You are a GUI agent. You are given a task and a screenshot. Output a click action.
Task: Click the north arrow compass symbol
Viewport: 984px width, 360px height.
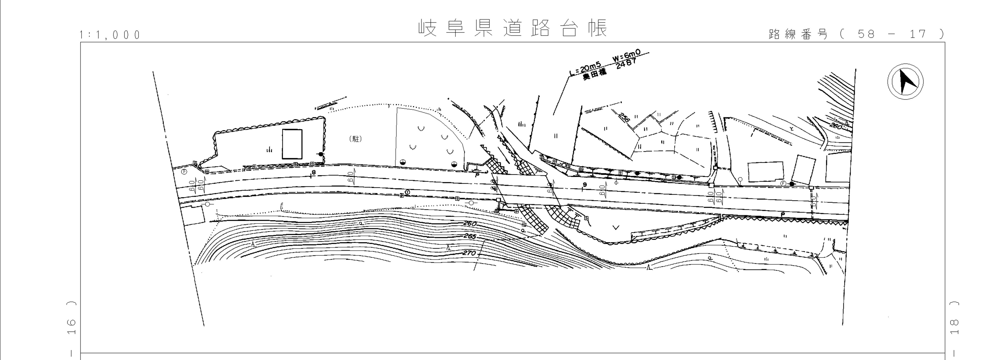(x=905, y=82)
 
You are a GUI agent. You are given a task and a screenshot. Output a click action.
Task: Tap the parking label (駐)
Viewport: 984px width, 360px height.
(x=355, y=139)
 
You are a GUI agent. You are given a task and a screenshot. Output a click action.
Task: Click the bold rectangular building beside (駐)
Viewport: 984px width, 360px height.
(x=292, y=144)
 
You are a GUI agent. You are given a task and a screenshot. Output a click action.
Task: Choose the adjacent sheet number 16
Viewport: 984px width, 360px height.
(x=71, y=327)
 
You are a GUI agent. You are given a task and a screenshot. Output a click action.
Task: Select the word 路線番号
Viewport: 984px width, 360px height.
(x=798, y=34)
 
